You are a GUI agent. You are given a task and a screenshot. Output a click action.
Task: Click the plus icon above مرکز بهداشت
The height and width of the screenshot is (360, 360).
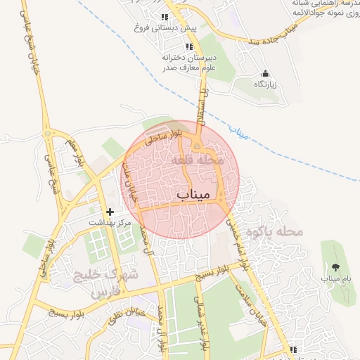(110, 212)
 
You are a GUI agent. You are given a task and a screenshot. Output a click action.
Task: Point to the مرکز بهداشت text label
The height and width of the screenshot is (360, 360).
(110, 222)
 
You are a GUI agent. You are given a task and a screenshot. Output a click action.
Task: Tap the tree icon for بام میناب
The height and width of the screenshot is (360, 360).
(335, 267)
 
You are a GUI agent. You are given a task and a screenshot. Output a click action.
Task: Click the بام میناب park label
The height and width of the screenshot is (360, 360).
(335, 278)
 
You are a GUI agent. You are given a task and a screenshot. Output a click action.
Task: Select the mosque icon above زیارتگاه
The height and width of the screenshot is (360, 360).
(265, 74)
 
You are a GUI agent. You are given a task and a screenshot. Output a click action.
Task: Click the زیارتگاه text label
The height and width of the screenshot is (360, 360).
(265, 84)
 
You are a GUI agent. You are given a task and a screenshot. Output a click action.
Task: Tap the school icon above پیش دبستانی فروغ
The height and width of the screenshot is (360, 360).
(165, 18)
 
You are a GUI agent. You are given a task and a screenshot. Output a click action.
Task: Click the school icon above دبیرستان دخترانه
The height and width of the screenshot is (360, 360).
(189, 46)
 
